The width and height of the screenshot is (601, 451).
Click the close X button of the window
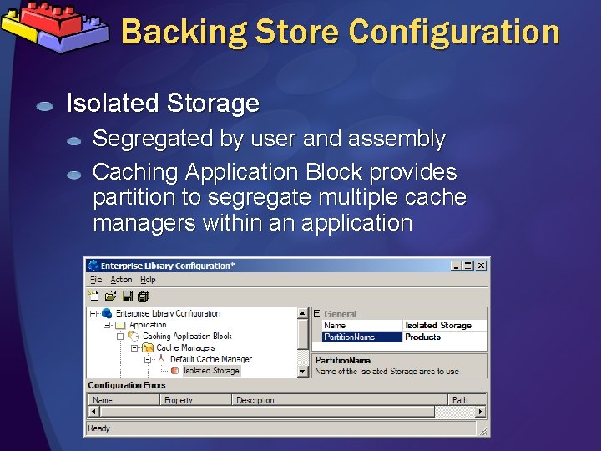(482, 266)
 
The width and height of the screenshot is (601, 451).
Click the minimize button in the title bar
(457, 266)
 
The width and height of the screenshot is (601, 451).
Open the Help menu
(148, 280)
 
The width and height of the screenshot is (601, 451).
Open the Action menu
(121, 280)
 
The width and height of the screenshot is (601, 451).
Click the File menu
(96, 280)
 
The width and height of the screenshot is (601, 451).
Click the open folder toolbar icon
(110, 296)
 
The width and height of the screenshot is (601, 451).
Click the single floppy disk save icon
(128, 296)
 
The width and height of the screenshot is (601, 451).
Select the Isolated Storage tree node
(210, 371)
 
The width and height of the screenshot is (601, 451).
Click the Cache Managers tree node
(185, 347)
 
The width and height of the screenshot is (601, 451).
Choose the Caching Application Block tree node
(187, 337)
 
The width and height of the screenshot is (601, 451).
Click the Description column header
(255, 401)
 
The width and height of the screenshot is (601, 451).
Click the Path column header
(460, 401)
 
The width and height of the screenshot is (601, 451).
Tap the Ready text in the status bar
(98, 428)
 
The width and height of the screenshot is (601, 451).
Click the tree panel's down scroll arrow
(303, 371)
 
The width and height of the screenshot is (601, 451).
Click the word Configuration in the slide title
(454, 32)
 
